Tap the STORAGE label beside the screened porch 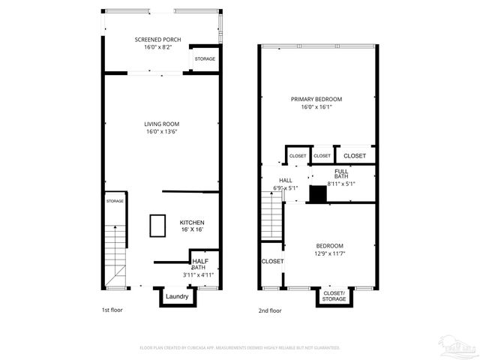[205, 58]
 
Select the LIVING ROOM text [161, 124]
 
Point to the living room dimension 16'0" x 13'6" [161, 132]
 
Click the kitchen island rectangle [157, 225]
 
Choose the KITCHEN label [192, 223]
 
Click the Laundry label [177, 296]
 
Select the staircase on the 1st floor [115, 255]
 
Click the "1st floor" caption [112, 310]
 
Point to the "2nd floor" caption [269, 310]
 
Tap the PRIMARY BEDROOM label [316, 99]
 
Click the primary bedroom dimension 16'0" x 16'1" [316, 107]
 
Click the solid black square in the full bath [319, 194]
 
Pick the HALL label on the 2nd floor [286, 180]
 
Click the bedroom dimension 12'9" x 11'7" [329, 254]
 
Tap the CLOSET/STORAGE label [334, 295]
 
